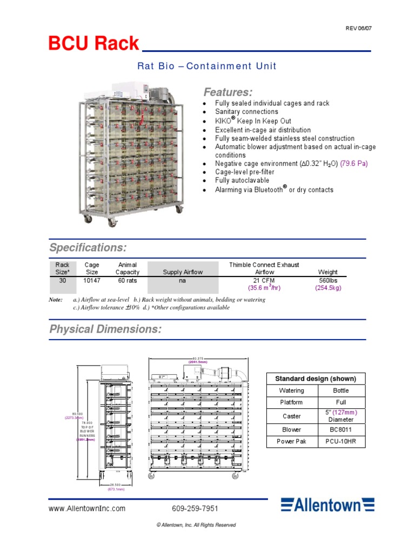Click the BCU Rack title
93,43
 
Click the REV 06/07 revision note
359,29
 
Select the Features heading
227,92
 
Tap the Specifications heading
88,248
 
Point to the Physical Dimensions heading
105,329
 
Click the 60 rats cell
127,280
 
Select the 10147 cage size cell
92,280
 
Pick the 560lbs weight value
328,280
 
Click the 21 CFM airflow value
264,280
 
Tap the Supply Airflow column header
183,272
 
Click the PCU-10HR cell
340,442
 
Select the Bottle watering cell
340,390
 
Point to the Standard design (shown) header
316,378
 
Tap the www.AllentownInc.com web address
87,509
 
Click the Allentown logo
327,505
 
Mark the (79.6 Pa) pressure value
354,164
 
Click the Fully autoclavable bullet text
242,180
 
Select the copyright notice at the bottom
196,525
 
